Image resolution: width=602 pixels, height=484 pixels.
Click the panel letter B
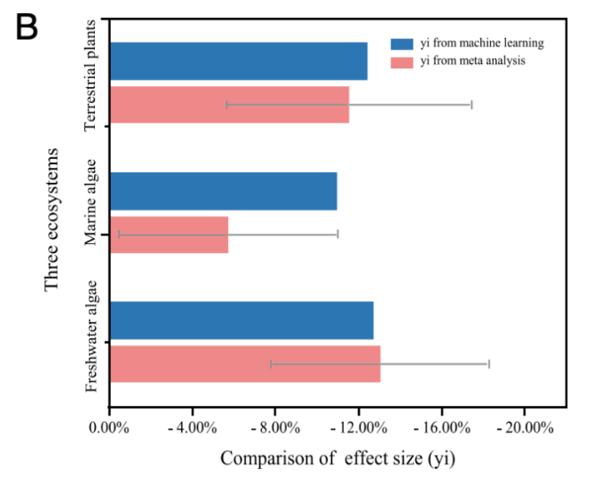(x=27, y=27)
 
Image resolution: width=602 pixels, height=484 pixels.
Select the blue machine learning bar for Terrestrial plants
(x=238, y=60)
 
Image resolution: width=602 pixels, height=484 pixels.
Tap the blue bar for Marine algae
(x=223, y=190)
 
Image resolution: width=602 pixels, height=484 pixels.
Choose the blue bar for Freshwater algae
(x=241, y=320)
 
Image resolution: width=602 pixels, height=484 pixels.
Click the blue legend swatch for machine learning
(x=401, y=43)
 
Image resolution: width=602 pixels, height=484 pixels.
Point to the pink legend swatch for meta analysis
(x=401, y=61)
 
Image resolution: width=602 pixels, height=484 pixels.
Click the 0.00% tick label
(x=109, y=427)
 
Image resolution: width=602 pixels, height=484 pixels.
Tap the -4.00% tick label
(x=189, y=427)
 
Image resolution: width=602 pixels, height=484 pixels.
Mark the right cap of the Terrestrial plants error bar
(x=471, y=105)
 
